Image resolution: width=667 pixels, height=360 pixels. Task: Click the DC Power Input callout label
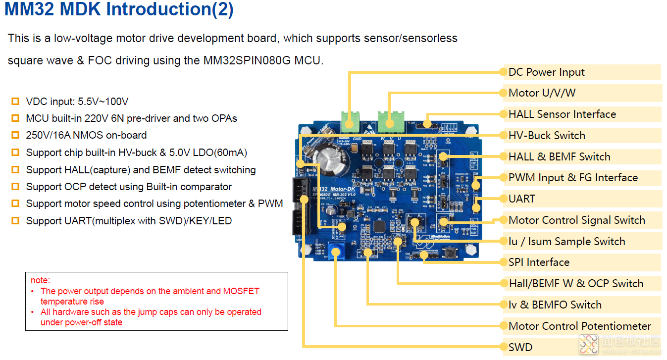tap(546, 72)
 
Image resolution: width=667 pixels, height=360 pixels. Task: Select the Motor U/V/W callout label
tap(542, 93)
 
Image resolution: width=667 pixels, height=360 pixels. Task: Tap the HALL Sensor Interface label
tap(562, 114)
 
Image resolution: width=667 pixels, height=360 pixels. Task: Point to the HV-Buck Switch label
tap(547, 136)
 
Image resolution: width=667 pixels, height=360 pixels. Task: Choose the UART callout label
tap(522, 199)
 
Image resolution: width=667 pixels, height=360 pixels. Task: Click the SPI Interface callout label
tap(539, 262)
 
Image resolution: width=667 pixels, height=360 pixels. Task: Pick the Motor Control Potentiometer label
tap(579, 326)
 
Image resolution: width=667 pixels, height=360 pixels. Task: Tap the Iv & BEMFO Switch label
tap(555, 305)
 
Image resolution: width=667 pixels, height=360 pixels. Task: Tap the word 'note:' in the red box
tap(41, 280)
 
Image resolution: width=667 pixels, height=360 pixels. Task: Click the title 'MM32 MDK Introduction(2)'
tap(119, 10)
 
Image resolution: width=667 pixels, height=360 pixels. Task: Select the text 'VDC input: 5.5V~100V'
tap(77, 102)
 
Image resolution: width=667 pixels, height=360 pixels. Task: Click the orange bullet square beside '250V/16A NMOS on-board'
tap(15, 135)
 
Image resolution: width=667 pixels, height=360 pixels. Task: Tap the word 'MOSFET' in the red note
tap(241, 291)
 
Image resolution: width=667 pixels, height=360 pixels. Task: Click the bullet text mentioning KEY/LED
tap(129, 221)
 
